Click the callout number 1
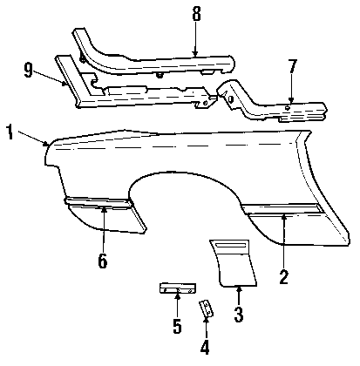pyautogui.click(x=10, y=132)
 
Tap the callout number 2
pyautogui.click(x=283, y=277)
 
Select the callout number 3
pyautogui.click(x=239, y=315)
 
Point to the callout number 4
pyautogui.click(x=205, y=347)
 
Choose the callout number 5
pyautogui.click(x=177, y=326)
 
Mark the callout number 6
pyautogui.click(x=103, y=261)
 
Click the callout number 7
pyautogui.click(x=292, y=66)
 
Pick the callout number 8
pyautogui.click(x=196, y=14)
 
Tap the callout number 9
pyautogui.click(x=28, y=70)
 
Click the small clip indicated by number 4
pyautogui.click(x=206, y=308)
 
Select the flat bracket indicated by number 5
pyautogui.click(x=178, y=288)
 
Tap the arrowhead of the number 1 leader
pyautogui.click(x=47, y=144)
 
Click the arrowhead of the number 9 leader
pyautogui.click(x=65, y=84)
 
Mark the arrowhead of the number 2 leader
pyautogui.click(x=284, y=216)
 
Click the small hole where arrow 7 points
pyautogui.click(x=288, y=107)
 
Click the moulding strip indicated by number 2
pyautogui.click(x=282, y=210)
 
